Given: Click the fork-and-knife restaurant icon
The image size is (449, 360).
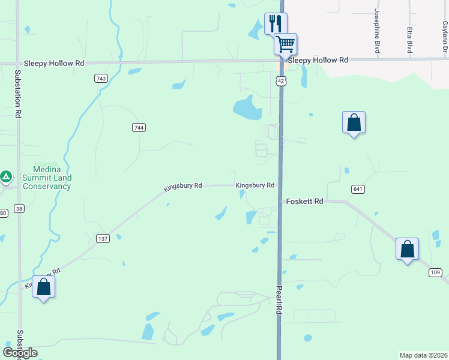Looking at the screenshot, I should click(276, 24).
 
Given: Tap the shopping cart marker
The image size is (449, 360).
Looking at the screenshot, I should click(286, 44).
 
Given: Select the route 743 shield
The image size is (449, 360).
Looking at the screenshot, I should click(101, 79).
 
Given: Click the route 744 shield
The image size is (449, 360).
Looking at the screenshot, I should click(139, 127).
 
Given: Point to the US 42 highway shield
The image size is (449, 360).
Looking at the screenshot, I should click(281, 80).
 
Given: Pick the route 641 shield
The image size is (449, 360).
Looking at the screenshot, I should click(358, 189).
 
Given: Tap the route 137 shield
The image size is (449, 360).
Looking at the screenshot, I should click(103, 239).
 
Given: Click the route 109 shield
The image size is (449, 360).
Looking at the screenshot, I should click(436, 272).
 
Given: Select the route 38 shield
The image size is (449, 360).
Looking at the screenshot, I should click(20, 209).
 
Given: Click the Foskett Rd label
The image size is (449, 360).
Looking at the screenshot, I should click(305, 202).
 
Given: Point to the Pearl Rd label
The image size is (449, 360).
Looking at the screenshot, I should click(279, 301).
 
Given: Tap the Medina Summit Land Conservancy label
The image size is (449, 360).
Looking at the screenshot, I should click(47, 178).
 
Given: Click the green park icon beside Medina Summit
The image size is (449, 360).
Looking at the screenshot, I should click(6, 176).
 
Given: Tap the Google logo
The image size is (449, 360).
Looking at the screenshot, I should click(20, 352).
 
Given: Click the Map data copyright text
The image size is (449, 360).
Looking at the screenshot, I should click(423, 355).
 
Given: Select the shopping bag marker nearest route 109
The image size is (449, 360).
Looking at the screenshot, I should click(407, 249).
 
